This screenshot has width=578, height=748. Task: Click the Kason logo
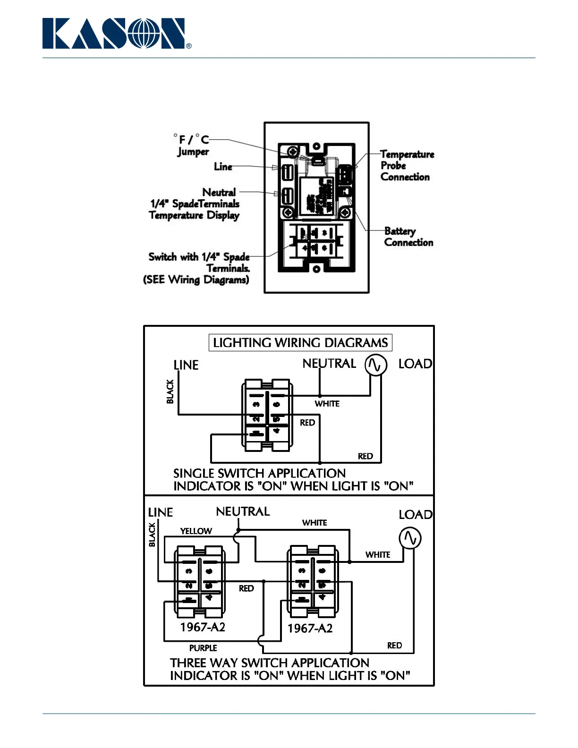[x=116, y=34]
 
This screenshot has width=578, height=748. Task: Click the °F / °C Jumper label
[x=192, y=145]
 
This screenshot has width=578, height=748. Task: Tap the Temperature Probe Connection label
[x=407, y=166]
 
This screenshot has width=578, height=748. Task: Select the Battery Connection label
[x=408, y=237]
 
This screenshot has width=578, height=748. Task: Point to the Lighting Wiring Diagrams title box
[x=300, y=343]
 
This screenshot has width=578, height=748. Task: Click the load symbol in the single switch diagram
[x=375, y=365]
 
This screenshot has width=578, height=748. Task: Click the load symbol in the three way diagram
[x=410, y=538]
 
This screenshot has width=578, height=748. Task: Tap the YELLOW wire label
[x=196, y=531]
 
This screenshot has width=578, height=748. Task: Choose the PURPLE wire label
[x=203, y=648]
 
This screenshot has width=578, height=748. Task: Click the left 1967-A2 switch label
[x=203, y=627]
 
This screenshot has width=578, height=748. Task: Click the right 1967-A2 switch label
[x=310, y=629]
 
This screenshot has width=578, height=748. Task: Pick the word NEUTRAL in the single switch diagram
[x=329, y=364]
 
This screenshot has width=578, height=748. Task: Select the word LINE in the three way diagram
[x=161, y=512]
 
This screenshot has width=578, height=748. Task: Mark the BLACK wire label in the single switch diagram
[x=170, y=391]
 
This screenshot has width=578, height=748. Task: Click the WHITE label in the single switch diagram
[x=327, y=404]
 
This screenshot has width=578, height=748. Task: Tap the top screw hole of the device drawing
[x=316, y=146]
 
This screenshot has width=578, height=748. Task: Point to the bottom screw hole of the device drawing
[x=316, y=269]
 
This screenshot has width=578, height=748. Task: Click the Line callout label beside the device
[x=223, y=167]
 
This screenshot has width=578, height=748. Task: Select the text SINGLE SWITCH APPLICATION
[x=259, y=473]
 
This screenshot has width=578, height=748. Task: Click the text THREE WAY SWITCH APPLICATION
[x=270, y=663]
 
